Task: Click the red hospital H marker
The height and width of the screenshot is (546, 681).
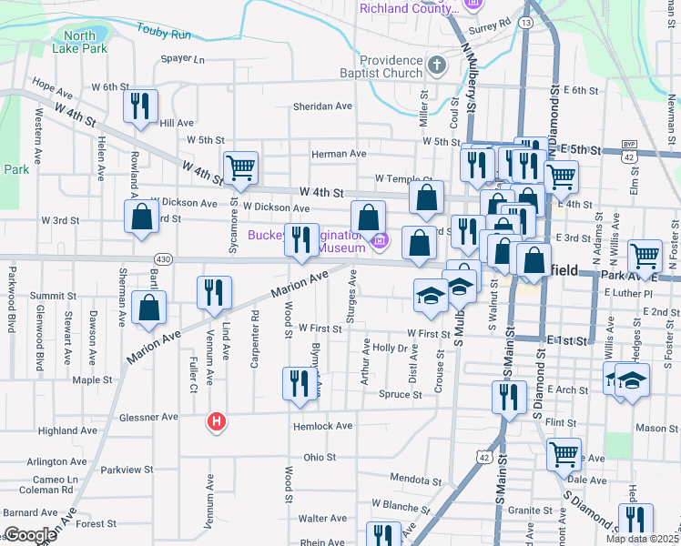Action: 217,422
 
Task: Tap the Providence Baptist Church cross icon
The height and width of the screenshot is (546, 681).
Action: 437,65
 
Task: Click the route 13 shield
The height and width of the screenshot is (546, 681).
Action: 526,21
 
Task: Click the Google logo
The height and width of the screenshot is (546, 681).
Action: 30,535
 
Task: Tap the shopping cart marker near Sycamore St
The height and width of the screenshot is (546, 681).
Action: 240,167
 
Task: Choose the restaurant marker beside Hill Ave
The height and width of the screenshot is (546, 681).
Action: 140,105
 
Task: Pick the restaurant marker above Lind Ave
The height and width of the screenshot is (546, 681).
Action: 214,291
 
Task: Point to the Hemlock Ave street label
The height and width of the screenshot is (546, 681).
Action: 322,426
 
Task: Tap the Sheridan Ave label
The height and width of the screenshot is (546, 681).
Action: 322,106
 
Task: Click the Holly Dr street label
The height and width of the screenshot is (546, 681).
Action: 389,348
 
